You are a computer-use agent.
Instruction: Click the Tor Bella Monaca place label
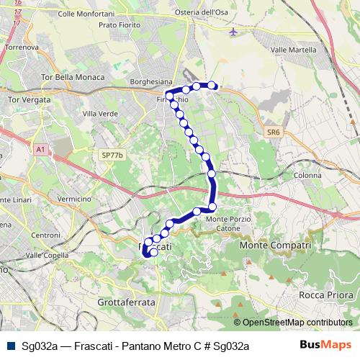(73, 76)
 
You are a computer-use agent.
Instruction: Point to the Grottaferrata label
(125, 303)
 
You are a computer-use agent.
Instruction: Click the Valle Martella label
(294, 50)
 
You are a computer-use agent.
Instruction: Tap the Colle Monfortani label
(86, 14)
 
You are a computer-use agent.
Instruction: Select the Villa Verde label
(100, 114)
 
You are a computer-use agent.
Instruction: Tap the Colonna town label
(307, 175)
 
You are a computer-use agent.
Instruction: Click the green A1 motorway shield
(40, 149)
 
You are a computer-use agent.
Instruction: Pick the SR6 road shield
(272, 132)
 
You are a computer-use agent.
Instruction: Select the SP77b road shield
(113, 155)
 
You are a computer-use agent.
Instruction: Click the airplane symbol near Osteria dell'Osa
(232, 32)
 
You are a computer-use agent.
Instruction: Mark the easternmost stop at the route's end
(213, 86)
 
